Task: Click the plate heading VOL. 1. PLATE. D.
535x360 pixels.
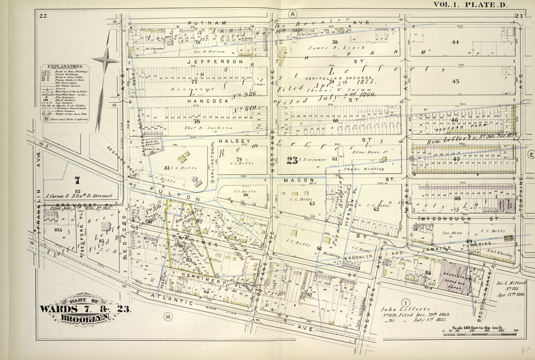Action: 470,5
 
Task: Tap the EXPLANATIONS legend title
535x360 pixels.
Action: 65,67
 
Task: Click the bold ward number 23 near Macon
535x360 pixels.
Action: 292,160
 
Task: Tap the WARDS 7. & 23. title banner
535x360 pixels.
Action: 86,308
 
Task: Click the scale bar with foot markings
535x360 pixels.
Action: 479,331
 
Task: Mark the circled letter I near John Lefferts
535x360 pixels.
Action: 404,302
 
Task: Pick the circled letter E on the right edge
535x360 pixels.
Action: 531,155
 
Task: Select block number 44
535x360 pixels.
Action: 455,42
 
